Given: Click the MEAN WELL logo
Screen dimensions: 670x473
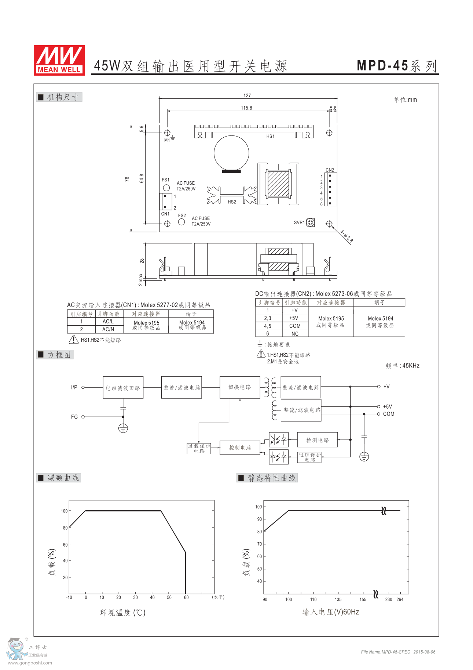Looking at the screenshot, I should [59, 60].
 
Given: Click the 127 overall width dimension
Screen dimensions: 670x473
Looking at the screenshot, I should [247, 95].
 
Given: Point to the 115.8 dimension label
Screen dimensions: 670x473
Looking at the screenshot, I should [246, 108].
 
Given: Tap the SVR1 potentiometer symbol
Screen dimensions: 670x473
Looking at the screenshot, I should [310, 222].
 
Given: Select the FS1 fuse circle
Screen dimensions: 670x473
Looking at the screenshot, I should [166, 188].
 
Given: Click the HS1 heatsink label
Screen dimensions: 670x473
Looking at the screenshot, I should [270, 137].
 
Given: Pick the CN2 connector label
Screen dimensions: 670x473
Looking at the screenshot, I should [330, 170].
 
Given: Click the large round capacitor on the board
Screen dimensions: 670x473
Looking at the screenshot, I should [231, 153].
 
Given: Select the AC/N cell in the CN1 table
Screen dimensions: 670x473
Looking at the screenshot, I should [108, 329].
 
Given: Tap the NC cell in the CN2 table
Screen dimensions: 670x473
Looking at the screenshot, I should [295, 334].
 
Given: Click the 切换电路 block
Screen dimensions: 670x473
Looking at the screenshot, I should [240, 387].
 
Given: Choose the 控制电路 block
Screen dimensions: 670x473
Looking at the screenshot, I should [240, 448].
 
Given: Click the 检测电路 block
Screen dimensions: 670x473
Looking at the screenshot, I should [318, 440].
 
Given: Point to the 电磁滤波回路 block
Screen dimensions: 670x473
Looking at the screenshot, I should [123, 388].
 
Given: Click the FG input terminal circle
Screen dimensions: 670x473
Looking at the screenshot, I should [83, 417].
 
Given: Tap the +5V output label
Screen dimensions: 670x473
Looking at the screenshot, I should [388, 407].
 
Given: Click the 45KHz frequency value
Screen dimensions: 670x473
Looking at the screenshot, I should [411, 366].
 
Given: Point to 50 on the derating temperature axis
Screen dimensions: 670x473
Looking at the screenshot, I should [169, 597].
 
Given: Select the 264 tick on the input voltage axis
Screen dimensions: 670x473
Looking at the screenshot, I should [400, 600].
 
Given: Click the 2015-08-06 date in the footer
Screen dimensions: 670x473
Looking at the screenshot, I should [424, 652].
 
